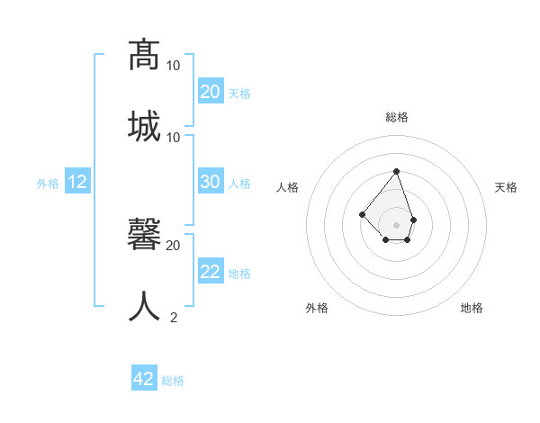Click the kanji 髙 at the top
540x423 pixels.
point(144,55)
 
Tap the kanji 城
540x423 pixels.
point(144,126)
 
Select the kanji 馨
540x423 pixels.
point(144,234)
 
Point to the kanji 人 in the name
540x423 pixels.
point(144,306)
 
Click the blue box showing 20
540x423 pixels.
point(211,91)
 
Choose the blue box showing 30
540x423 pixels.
point(211,182)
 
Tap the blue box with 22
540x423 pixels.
point(211,272)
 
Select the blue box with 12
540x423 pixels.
point(77,182)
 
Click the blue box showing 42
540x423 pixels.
point(144,379)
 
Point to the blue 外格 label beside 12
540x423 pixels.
point(48,184)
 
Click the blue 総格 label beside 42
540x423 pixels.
point(173,381)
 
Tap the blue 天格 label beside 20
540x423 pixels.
point(239,93)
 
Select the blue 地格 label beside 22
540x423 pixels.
point(239,274)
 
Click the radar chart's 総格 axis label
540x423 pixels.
point(397,117)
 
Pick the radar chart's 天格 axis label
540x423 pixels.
point(506,187)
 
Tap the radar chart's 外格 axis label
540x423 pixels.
point(317,308)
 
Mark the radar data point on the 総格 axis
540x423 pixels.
point(396,171)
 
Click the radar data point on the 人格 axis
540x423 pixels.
point(362,214)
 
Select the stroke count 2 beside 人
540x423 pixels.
point(174,317)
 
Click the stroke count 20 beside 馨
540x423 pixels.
point(173,245)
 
